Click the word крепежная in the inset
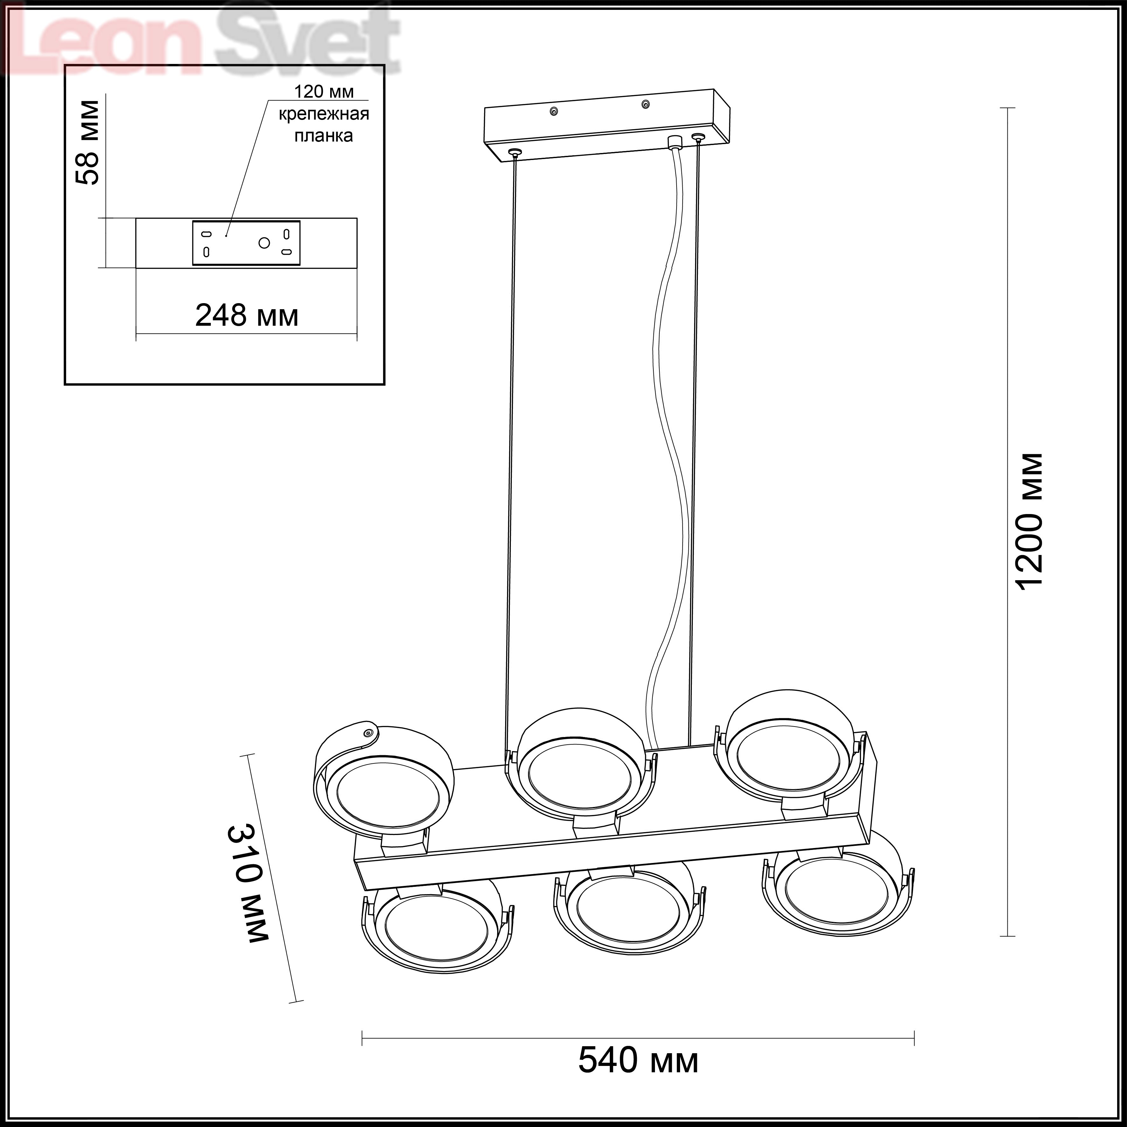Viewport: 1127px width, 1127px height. [x=324, y=114]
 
